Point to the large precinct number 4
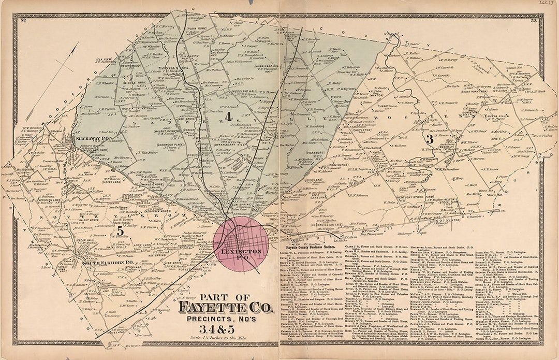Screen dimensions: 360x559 pyautogui.click(x=227, y=117)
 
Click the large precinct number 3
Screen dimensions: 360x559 pyautogui.click(x=429, y=139)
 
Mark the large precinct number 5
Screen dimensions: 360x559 pyautogui.click(x=120, y=232)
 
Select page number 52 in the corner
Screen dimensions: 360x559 pyautogui.click(x=23, y=21)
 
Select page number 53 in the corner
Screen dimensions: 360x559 pyautogui.click(x=534, y=21)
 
